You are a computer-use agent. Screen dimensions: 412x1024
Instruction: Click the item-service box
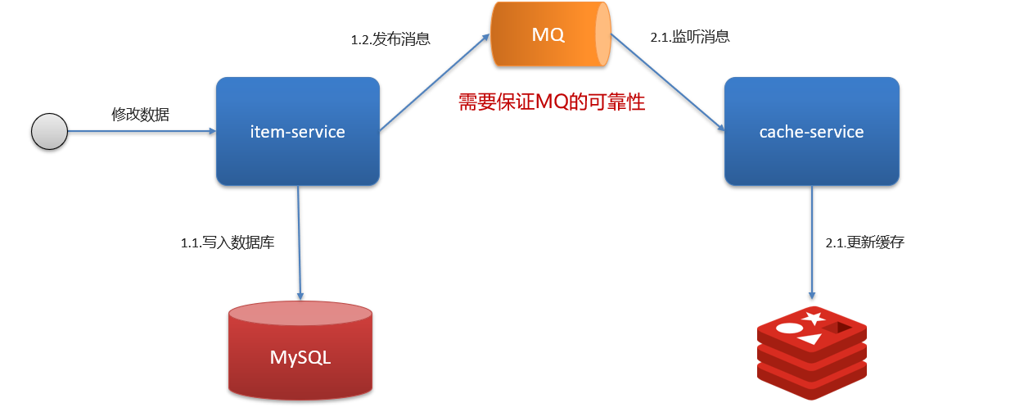[298, 131]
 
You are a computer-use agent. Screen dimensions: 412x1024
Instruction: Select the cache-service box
[811, 131]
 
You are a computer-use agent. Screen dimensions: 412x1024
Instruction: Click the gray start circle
[49, 131]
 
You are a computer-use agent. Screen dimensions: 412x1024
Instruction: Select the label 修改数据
[140, 115]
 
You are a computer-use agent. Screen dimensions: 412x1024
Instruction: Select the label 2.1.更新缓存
[864, 242]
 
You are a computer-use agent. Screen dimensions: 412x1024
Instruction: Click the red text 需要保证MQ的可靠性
[552, 102]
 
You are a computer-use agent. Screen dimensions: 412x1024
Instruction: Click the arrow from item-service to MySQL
[300, 242]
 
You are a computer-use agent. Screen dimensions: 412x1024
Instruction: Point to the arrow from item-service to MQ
[434, 84]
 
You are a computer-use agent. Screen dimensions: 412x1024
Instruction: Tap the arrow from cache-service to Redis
[812, 242]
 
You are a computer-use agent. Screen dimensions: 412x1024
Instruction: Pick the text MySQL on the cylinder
[300, 359]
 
